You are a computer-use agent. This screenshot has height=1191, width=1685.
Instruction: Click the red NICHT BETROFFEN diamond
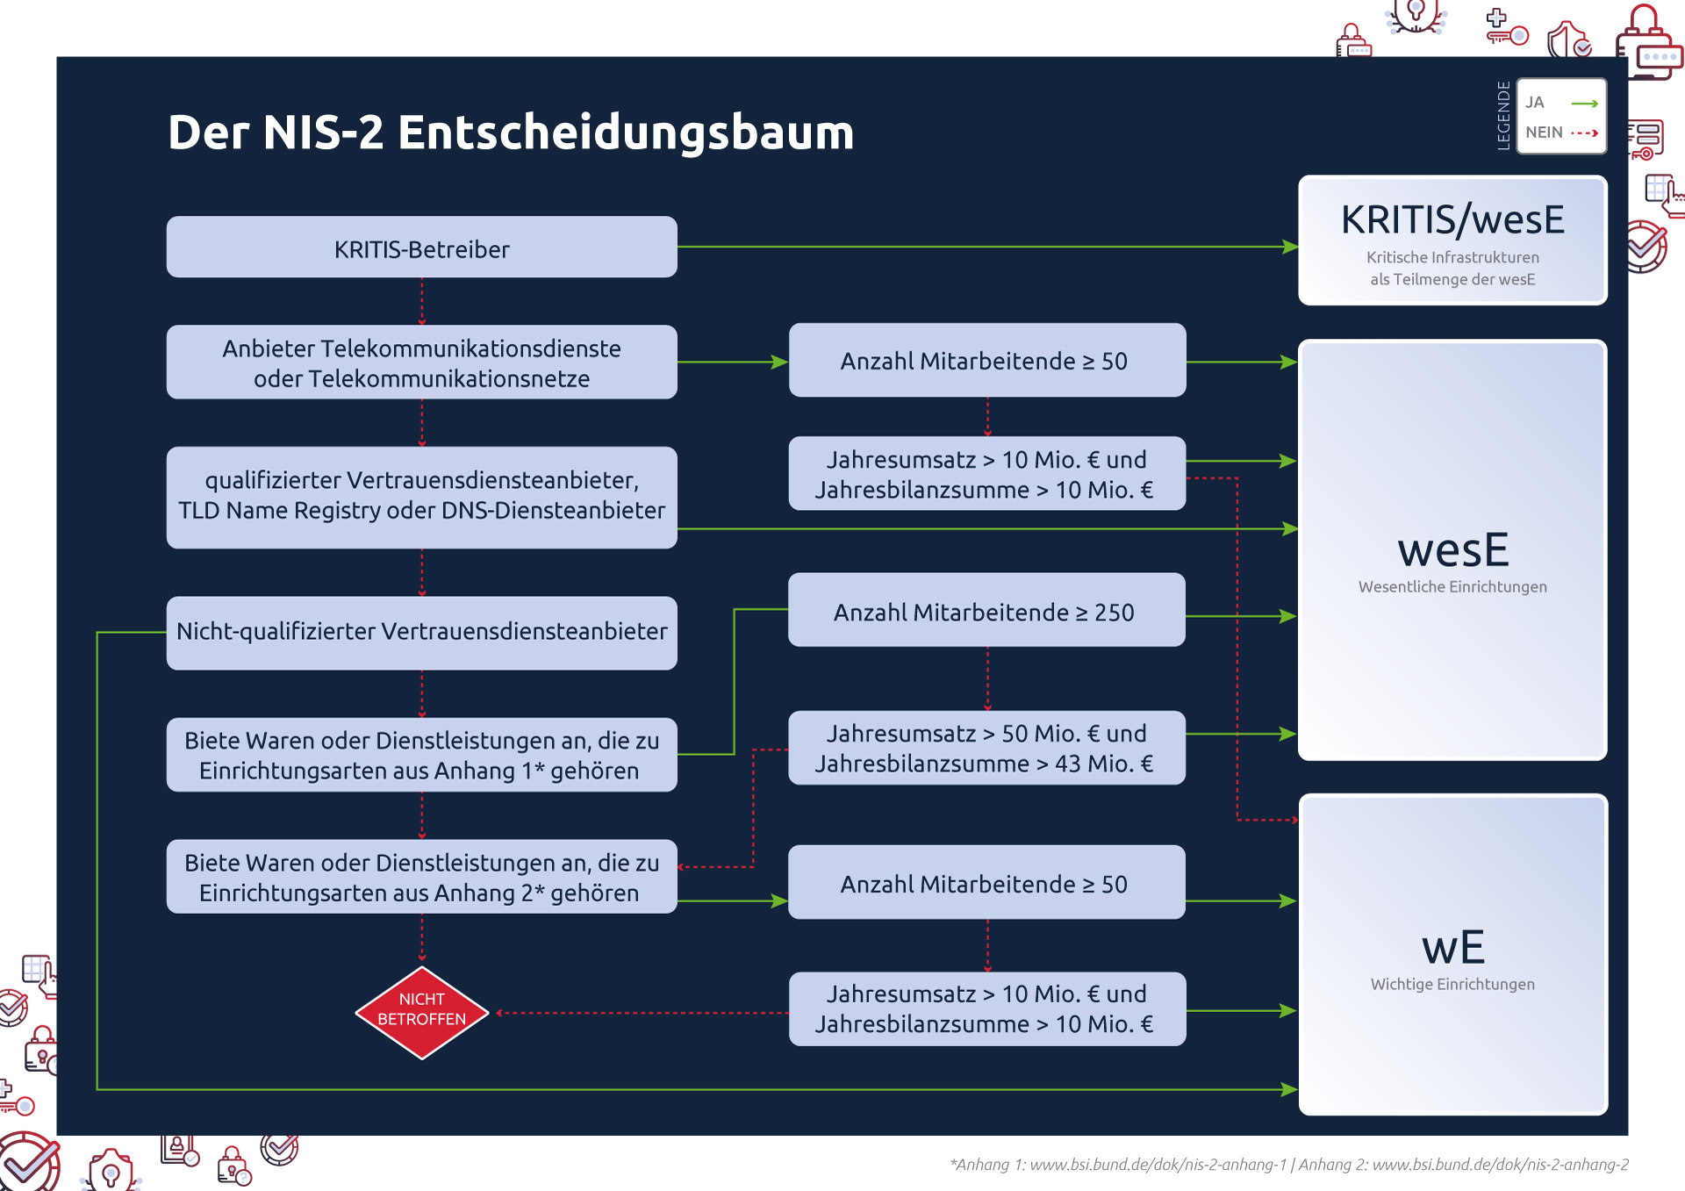coord(421,1012)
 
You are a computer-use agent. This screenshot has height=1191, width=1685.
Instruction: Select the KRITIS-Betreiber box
coord(421,248)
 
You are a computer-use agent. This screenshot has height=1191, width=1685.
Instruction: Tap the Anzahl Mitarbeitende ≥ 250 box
coord(986,612)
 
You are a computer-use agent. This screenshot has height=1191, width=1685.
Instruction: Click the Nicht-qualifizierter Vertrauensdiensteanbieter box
coord(421,632)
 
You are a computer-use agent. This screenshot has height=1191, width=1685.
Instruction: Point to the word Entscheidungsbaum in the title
coord(625,133)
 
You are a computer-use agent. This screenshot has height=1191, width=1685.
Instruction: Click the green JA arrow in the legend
coord(1584,104)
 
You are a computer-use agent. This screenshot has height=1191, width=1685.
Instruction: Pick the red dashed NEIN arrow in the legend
coord(1584,133)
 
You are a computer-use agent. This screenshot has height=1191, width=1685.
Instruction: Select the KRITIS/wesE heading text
coord(1452,219)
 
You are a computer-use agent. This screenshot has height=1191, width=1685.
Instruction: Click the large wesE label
coord(1452,550)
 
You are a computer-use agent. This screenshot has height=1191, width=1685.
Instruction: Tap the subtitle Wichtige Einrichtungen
coord(1452,984)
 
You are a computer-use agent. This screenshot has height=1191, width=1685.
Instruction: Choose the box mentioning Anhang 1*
coord(421,755)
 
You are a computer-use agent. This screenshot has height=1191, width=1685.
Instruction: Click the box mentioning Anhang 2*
coord(421,877)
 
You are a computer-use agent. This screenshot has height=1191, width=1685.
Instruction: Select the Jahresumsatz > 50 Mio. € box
coord(986,748)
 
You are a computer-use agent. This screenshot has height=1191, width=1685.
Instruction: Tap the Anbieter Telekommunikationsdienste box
coord(421,362)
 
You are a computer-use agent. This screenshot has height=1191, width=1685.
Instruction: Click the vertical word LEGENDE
coord(1503,116)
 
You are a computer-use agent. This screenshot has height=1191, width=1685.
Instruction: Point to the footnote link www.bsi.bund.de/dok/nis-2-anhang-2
coord(1500,1165)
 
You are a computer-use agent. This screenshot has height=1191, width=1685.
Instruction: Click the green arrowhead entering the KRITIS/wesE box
coord(1291,248)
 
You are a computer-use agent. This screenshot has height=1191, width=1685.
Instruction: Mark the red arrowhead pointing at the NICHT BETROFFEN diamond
coord(499,1013)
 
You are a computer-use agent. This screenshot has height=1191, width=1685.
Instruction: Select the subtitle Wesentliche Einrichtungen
coord(1452,586)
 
